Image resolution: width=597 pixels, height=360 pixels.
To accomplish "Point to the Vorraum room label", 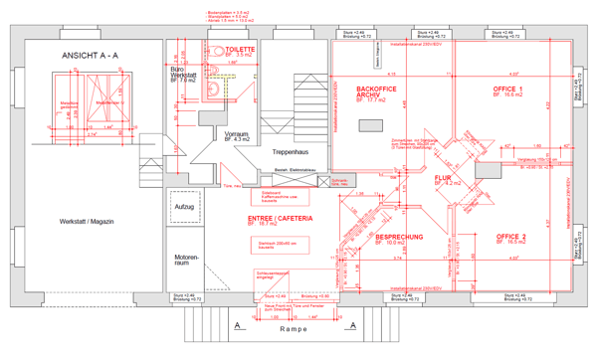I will [x=237, y=135].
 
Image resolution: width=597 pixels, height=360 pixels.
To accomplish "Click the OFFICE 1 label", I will [x=507, y=91].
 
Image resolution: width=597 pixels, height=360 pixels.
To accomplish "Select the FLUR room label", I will [x=444, y=180].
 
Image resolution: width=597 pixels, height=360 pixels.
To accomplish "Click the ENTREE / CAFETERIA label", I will [x=281, y=219].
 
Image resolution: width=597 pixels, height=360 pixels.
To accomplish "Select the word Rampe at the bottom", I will [x=295, y=329].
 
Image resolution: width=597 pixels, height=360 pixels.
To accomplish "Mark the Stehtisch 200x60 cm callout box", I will [x=273, y=244].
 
